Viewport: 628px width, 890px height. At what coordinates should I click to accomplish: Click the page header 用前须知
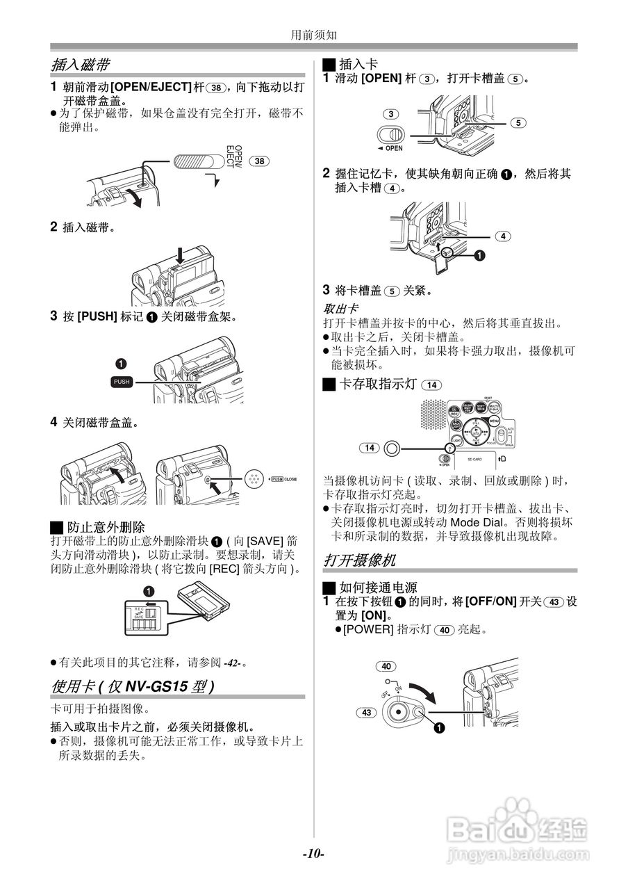click(x=313, y=33)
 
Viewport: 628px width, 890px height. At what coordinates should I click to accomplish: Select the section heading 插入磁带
click(x=81, y=65)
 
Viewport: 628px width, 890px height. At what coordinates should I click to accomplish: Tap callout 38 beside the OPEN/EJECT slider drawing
click(x=258, y=161)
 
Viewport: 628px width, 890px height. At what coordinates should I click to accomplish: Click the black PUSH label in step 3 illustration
click(x=122, y=382)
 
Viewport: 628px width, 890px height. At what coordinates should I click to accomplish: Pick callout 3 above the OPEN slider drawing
click(x=392, y=114)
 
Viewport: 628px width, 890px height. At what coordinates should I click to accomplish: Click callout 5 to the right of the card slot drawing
click(x=518, y=123)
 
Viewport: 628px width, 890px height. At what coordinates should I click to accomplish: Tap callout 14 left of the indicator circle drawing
click(x=370, y=448)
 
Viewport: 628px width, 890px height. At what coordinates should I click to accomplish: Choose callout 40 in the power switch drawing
click(x=386, y=666)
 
